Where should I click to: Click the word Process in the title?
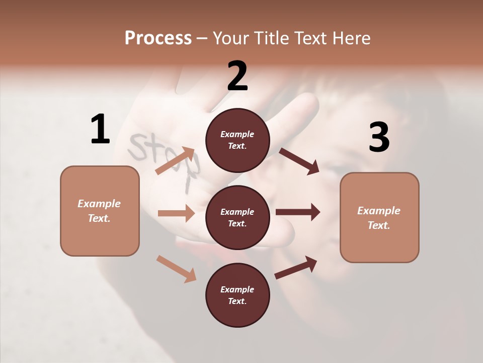(x=158, y=38)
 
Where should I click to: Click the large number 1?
(x=100, y=130)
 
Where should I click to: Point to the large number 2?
(x=237, y=76)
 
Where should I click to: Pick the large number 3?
(x=379, y=138)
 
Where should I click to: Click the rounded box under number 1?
(x=100, y=211)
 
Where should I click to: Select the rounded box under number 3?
(x=379, y=218)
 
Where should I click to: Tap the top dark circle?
(x=237, y=140)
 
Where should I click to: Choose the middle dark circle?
(x=237, y=217)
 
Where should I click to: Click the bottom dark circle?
(x=237, y=295)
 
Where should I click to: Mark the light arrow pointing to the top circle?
(x=175, y=161)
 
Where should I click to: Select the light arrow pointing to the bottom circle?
(x=176, y=268)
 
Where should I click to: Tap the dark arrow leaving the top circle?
(x=299, y=161)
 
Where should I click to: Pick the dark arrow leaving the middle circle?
(x=298, y=212)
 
